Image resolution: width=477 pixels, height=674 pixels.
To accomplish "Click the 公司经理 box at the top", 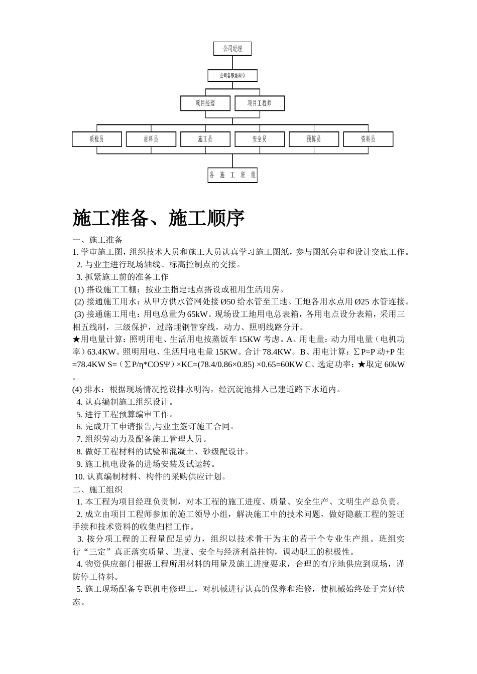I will [232, 49].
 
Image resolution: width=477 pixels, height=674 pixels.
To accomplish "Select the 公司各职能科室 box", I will [232, 76].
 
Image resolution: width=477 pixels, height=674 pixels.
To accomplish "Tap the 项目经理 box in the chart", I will [205, 103].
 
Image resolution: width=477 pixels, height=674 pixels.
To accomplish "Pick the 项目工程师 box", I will [260, 103].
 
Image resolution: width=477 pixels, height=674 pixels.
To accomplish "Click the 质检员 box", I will [97, 139].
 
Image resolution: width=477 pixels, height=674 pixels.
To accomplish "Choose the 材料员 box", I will [151, 139].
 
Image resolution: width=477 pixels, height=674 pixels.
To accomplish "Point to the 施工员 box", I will [205, 139].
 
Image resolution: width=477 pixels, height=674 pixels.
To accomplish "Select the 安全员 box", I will [260, 139].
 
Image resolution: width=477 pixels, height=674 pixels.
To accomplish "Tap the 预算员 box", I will [314, 139].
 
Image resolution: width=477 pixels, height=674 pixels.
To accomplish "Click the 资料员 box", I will [368, 139].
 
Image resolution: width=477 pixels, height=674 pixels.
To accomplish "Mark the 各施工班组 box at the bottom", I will [232, 175].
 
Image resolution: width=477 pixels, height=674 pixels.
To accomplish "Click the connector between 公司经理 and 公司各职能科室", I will [232, 62].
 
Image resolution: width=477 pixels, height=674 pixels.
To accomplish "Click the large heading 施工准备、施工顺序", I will [159, 218].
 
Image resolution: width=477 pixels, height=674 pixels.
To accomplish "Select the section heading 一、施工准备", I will [97, 240].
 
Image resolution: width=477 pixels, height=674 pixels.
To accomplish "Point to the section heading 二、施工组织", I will [97, 489].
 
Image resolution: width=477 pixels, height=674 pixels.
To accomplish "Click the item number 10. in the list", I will [79, 477].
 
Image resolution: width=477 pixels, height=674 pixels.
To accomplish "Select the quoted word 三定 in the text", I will [96, 552].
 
